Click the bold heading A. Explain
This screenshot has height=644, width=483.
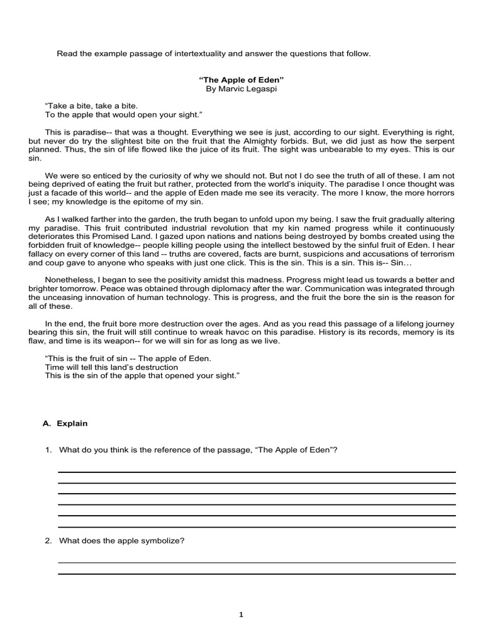click(65, 423)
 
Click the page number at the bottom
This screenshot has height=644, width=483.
click(241, 615)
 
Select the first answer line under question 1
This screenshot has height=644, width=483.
click(257, 472)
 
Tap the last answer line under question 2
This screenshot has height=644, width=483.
click(257, 574)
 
